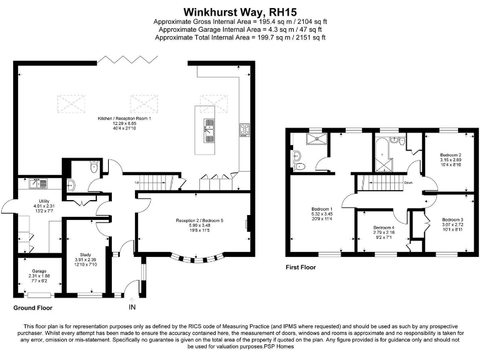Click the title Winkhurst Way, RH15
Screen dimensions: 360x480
240,11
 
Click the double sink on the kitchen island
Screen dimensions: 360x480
209,130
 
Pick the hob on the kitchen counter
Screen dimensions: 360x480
244,131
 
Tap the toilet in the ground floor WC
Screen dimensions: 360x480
93,167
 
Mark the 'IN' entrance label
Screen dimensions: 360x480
132,308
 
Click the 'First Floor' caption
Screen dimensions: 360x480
301,267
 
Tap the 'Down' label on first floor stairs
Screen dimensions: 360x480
407,182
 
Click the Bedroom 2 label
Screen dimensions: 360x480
451,154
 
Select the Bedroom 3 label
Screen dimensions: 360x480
452,220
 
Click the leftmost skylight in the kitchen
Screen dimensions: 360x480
71,101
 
